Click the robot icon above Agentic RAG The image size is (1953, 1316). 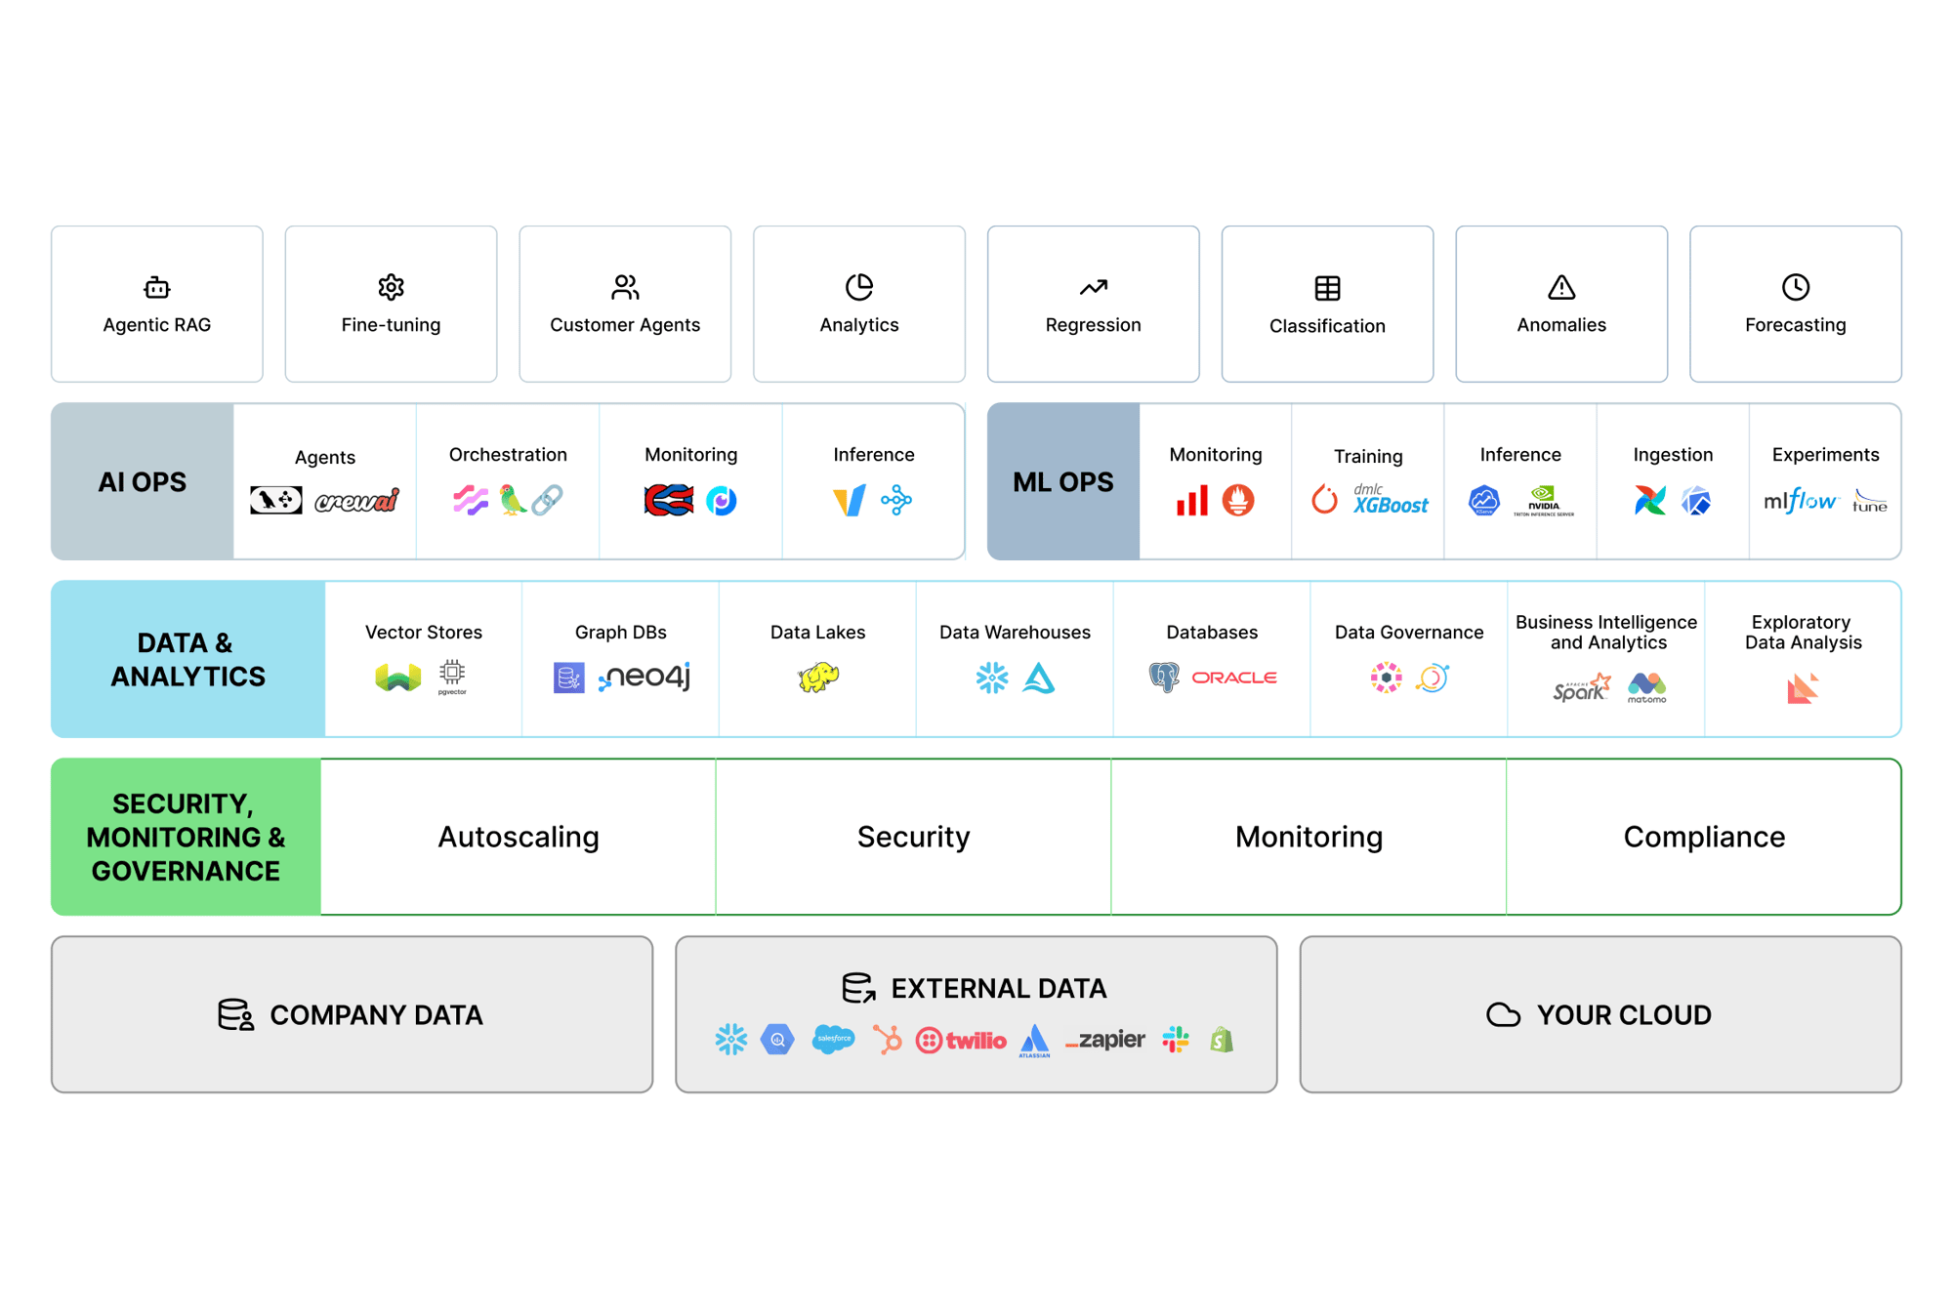156,287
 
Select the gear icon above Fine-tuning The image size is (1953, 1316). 391,287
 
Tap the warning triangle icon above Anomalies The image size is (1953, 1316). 1561,287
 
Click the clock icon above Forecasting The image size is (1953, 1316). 1795,287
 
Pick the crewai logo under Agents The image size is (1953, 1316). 357,501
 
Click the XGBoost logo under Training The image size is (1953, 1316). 1390,500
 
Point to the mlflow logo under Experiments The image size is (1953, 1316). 1800,501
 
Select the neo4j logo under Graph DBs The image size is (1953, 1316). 644,677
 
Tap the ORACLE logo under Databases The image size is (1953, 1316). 1234,677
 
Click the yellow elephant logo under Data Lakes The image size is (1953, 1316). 818,677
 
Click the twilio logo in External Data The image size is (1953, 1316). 961,1041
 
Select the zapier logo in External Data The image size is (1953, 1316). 1105,1041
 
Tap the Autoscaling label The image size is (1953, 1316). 518,837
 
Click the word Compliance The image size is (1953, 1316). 1704,837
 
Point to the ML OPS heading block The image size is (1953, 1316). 1062,481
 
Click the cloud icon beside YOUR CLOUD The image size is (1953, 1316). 1503,1015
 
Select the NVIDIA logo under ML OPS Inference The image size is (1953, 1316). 1543,501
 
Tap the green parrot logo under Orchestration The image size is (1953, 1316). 512,500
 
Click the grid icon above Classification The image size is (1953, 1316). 1327,288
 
